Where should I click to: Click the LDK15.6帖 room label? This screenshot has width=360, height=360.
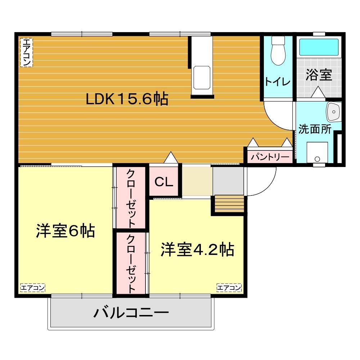[127, 99]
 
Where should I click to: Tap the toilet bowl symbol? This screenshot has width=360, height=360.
[278, 53]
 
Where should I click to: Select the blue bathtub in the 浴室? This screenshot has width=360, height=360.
[319, 47]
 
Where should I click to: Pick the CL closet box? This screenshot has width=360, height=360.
[164, 182]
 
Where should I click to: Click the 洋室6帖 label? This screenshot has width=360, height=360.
[65, 231]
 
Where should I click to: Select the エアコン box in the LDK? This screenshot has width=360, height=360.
[26, 53]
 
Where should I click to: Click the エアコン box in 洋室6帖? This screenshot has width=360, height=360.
[32, 288]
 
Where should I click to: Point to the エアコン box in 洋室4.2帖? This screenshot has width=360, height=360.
[229, 288]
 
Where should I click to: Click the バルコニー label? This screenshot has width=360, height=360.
[131, 312]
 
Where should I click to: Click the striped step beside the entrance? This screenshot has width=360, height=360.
[229, 204]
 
